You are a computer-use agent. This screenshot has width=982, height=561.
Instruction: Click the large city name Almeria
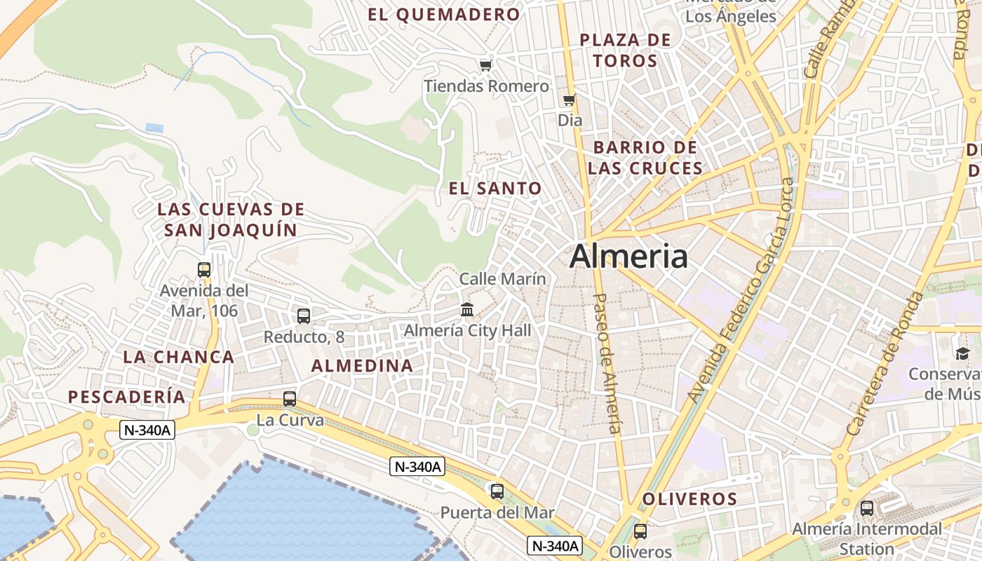[628, 257]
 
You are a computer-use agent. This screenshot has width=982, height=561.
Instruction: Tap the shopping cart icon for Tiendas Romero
[485, 65]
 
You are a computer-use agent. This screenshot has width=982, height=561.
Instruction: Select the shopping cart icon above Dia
[570, 100]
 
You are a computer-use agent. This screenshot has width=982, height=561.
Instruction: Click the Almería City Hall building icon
[467, 309]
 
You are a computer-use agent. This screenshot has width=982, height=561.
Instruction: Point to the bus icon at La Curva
[290, 399]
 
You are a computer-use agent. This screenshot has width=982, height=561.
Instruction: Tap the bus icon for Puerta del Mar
[497, 492]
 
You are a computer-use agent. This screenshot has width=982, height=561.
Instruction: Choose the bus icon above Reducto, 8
[304, 316]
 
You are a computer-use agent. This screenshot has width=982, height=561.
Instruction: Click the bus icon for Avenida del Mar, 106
[204, 270]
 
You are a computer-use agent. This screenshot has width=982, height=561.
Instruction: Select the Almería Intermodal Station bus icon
[867, 508]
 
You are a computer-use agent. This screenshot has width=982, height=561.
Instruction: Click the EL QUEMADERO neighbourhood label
[444, 14]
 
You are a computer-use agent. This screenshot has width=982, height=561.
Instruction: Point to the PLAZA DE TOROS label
[626, 50]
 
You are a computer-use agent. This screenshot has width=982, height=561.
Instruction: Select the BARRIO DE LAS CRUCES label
[645, 158]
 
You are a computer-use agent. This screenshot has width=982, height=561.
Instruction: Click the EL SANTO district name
[495, 188]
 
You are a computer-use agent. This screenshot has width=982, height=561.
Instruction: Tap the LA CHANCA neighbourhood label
[179, 356]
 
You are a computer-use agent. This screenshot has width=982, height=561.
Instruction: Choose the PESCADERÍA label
[127, 397]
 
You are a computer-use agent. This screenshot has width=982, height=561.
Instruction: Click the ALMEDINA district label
[362, 365]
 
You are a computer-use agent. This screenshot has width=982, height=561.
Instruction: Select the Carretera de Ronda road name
[886, 363]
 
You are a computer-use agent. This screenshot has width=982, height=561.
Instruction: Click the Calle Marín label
[502, 278]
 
